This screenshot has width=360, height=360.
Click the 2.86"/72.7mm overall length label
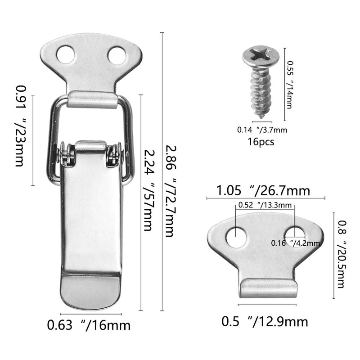point(170,191)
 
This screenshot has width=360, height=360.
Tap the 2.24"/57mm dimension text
point(147,191)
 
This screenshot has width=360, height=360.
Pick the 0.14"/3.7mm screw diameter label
point(262,130)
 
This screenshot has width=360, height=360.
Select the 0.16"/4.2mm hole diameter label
point(295,243)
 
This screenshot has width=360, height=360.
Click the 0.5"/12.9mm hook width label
point(265,322)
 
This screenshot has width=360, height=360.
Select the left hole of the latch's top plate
point(66,55)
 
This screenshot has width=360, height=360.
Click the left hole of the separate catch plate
point(236,238)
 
